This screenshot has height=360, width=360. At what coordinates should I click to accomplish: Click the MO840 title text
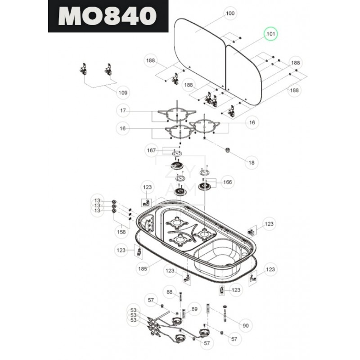(x=108, y=16)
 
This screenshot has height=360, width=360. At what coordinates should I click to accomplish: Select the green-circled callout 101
(x=271, y=34)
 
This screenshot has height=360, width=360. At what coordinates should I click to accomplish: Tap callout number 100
(x=230, y=13)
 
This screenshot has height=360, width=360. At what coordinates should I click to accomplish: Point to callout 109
(x=123, y=93)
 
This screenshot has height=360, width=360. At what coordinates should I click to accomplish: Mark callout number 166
(x=228, y=182)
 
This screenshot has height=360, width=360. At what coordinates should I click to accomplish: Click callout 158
(x=121, y=232)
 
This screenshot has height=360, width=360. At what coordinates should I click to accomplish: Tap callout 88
(x=170, y=292)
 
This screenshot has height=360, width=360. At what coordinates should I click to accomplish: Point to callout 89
(x=194, y=309)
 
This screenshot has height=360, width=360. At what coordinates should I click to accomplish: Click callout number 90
(x=245, y=325)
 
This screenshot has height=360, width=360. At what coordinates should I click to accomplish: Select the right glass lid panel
(x=245, y=74)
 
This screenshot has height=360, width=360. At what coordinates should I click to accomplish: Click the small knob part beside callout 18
(x=228, y=149)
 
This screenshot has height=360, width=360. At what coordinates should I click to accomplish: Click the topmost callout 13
(x=96, y=201)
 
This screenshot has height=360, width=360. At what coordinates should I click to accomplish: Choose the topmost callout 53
(x=133, y=310)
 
